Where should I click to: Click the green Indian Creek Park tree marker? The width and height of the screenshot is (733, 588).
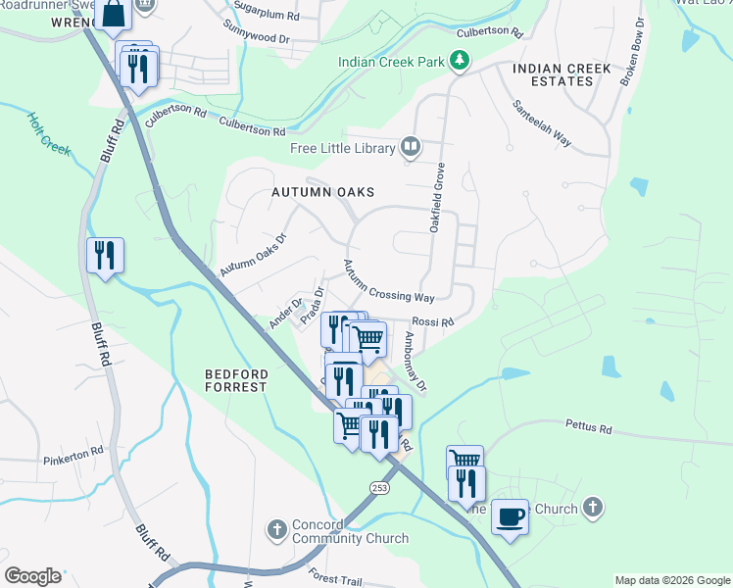pyautogui.click(x=459, y=62)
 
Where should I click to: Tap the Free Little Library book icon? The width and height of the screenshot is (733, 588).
pyautogui.click(x=411, y=148)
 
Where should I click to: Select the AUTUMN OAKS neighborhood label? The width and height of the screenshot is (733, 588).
pyautogui.click(x=322, y=193)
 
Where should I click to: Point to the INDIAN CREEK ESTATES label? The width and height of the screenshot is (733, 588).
pyautogui.click(x=562, y=74)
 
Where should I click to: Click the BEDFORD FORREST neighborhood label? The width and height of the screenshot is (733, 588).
pyautogui.click(x=235, y=380)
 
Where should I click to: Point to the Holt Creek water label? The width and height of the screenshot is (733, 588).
pyautogui.click(x=48, y=132)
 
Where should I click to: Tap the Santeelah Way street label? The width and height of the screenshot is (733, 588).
pyautogui.click(x=542, y=122)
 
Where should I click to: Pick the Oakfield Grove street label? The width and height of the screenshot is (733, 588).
pyautogui.click(x=437, y=197)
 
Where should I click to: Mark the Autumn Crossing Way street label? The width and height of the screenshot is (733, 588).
pyautogui.click(x=388, y=281)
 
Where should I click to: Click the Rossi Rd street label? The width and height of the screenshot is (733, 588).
pyautogui.click(x=432, y=321)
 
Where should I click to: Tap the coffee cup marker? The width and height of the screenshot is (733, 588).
pyautogui.click(x=510, y=515)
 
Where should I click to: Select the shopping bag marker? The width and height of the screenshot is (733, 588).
pyautogui.click(x=114, y=14)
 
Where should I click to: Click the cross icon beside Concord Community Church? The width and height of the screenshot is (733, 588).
pyautogui.click(x=277, y=530)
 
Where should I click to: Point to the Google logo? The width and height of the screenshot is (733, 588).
pyautogui.click(x=32, y=576)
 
